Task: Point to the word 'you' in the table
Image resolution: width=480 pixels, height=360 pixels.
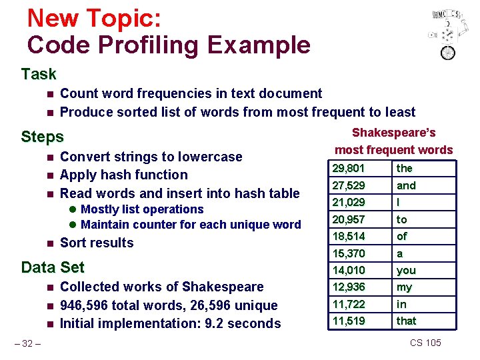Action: click(x=406, y=270)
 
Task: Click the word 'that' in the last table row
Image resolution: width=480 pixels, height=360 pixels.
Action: click(x=407, y=321)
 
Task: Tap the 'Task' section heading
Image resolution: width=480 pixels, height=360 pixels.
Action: click(x=39, y=74)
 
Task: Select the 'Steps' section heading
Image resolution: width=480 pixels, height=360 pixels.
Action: click(x=42, y=137)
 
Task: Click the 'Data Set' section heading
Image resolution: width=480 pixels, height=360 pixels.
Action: click(x=53, y=267)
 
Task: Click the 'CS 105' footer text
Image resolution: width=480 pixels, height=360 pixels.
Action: click(x=425, y=343)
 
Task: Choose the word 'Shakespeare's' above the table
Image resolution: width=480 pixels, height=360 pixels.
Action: click(x=393, y=133)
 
